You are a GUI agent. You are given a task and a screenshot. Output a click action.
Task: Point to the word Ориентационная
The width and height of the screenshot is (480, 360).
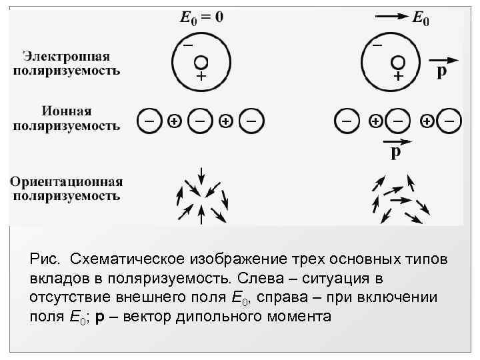pyautogui.click(x=66, y=182)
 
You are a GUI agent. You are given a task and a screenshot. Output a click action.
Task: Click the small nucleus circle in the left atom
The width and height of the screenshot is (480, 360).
pyautogui.click(x=201, y=61)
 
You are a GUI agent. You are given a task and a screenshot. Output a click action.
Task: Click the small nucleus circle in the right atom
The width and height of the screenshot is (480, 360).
pyautogui.click(x=398, y=61)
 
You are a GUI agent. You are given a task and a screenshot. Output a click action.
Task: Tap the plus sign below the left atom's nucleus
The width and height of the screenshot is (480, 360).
pyautogui.click(x=201, y=77)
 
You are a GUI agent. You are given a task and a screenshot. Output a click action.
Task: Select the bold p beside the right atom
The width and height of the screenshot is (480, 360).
pyautogui.click(x=441, y=71)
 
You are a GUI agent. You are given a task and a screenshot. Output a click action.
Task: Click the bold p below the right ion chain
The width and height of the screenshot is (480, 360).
pyautogui.click(x=395, y=153)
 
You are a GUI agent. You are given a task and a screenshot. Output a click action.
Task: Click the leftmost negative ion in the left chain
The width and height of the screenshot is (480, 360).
pyautogui.click(x=149, y=121)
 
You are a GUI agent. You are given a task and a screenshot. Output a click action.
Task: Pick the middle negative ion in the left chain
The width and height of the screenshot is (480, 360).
pyautogui.click(x=200, y=121)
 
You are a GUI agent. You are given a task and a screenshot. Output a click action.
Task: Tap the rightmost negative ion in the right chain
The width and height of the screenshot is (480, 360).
pyautogui.click(x=449, y=121)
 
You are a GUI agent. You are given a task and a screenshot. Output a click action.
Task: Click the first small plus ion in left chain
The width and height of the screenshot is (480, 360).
pyautogui.click(x=174, y=121)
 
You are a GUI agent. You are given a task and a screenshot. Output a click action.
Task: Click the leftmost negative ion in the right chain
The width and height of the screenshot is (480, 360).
pyautogui.click(x=346, y=121)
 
